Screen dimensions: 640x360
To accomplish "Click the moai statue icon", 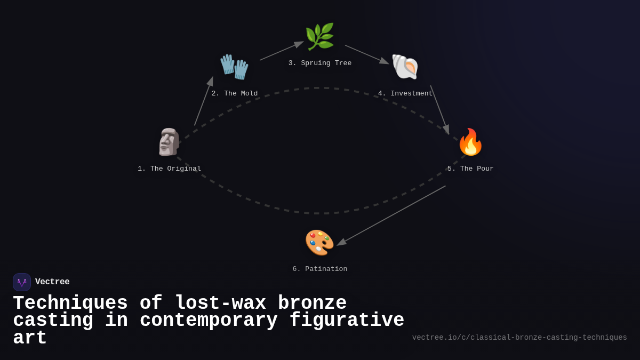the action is (169, 142).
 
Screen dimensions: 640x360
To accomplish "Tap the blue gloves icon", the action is (234, 67).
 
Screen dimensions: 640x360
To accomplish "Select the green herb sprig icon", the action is (319, 36).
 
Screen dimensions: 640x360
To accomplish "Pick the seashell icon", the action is (405, 67).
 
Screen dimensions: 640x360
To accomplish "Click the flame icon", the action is (470, 142).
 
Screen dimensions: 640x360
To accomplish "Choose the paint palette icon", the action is (319, 242).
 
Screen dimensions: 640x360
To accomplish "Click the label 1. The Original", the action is (169, 169).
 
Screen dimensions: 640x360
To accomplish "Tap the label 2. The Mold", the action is (234, 93).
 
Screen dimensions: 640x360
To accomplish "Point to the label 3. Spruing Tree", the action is (319, 63).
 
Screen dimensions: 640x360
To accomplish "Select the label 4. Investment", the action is (405, 93).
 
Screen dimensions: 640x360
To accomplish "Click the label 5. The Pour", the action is (470, 169).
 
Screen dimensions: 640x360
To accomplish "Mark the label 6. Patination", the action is (319, 269).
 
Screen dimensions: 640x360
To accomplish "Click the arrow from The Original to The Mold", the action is (204, 101).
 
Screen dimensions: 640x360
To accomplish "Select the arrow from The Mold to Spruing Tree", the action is (282, 51).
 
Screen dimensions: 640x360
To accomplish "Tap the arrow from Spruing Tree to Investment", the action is (367, 54).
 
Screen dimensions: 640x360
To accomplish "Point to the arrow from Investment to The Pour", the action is (440, 110).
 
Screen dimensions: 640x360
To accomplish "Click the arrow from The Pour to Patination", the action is (391, 215).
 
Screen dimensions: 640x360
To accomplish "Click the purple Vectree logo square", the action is (22, 282).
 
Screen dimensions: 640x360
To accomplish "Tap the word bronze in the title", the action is (313, 303).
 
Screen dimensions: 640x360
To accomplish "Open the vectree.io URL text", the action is (519, 338).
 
